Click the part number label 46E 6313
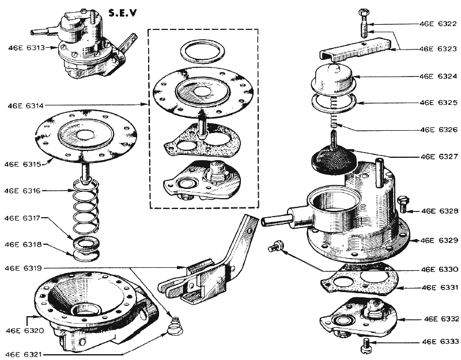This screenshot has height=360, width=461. click(26, 47)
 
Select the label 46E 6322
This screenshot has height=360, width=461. click(437, 24)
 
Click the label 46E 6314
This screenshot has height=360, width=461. click(26, 106)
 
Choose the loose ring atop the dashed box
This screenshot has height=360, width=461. click(202, 51)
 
